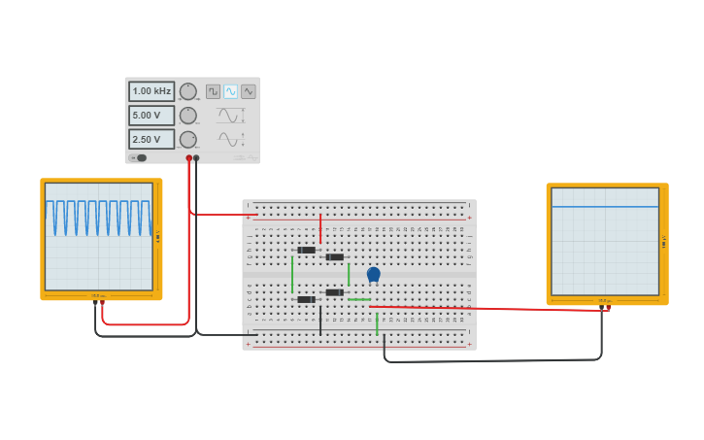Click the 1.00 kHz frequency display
click(151, 91)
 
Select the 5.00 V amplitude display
click(151, 116)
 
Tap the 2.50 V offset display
click(151, 139)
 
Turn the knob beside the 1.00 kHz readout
click(188, 91)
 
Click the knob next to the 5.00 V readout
click(188, 116)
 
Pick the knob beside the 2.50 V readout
click(188, 139)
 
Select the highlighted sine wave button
click(230, 91)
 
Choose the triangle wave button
click(249, 91)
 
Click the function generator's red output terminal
click(189, 157)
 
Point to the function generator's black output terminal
click(196, 157)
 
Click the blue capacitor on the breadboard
click(373, 275)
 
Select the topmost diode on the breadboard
click(306, 250)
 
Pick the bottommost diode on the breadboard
click(306, 299)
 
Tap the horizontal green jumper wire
click(358, 299)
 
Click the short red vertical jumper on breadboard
click(320, 228)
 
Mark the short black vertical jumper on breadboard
click(320, 321)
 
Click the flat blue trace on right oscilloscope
click(605, 207)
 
